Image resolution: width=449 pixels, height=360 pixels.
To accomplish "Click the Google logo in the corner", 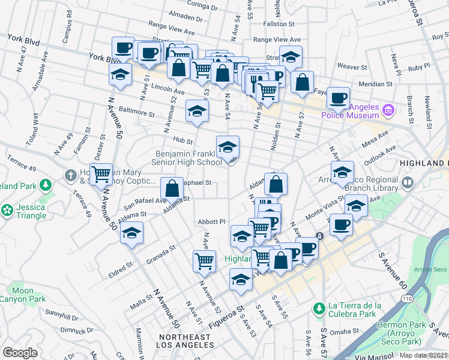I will pos(20,353).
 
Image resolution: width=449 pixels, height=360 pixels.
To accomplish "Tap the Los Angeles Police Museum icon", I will pos(388,110).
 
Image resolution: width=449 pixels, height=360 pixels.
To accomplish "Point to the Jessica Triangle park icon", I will pos(7,211).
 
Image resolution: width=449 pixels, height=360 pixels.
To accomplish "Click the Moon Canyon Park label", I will pos(23,294).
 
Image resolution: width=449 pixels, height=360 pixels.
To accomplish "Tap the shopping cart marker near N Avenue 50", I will pos(101,175).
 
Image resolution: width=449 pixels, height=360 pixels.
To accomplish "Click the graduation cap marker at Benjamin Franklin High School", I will pos(228,146).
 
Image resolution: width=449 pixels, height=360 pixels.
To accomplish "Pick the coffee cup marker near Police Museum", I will pos(338,97).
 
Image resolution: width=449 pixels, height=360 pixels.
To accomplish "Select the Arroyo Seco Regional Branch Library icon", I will pos(408,181).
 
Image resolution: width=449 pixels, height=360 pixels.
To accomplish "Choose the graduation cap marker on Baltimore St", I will pos(196,110).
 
